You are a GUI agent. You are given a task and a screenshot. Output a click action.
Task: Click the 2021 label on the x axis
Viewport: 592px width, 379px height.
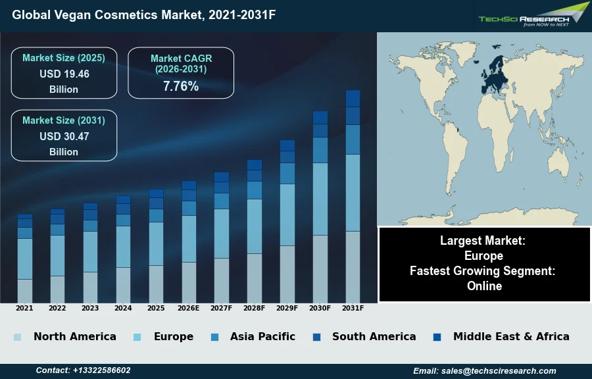pos(24,308)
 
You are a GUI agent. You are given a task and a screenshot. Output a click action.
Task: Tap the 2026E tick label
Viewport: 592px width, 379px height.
pos(189,308)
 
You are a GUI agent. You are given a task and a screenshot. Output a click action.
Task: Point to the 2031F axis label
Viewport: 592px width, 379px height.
pos(353,308)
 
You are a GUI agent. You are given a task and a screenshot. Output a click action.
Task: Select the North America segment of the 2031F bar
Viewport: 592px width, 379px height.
pos(353,266)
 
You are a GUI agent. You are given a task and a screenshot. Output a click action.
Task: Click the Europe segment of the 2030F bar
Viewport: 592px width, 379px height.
pos(320,199)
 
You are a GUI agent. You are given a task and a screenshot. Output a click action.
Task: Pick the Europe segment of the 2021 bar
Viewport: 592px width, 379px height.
pos(24,259)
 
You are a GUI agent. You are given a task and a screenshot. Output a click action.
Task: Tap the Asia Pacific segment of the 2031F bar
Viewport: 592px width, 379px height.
pos(353,139)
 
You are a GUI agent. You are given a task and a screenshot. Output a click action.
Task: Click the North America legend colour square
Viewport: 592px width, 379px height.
pos(18,338)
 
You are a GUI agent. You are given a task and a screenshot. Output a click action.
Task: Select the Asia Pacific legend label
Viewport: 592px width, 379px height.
pos(262,336)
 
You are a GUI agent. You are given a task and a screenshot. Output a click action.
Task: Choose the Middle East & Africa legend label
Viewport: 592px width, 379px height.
pos(511,336)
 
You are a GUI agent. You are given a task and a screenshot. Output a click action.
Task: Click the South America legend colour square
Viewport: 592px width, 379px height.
pos(316,338)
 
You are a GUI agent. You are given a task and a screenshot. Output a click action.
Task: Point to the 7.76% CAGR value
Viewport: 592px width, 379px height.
pos(181,86)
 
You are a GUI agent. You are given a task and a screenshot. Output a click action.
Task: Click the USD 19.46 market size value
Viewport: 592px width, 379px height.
pos(64,74)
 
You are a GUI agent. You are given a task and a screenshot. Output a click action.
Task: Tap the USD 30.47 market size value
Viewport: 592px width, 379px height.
pos(64,136)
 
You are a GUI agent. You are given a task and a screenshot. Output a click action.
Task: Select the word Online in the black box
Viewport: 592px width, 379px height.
pos(485,286)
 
